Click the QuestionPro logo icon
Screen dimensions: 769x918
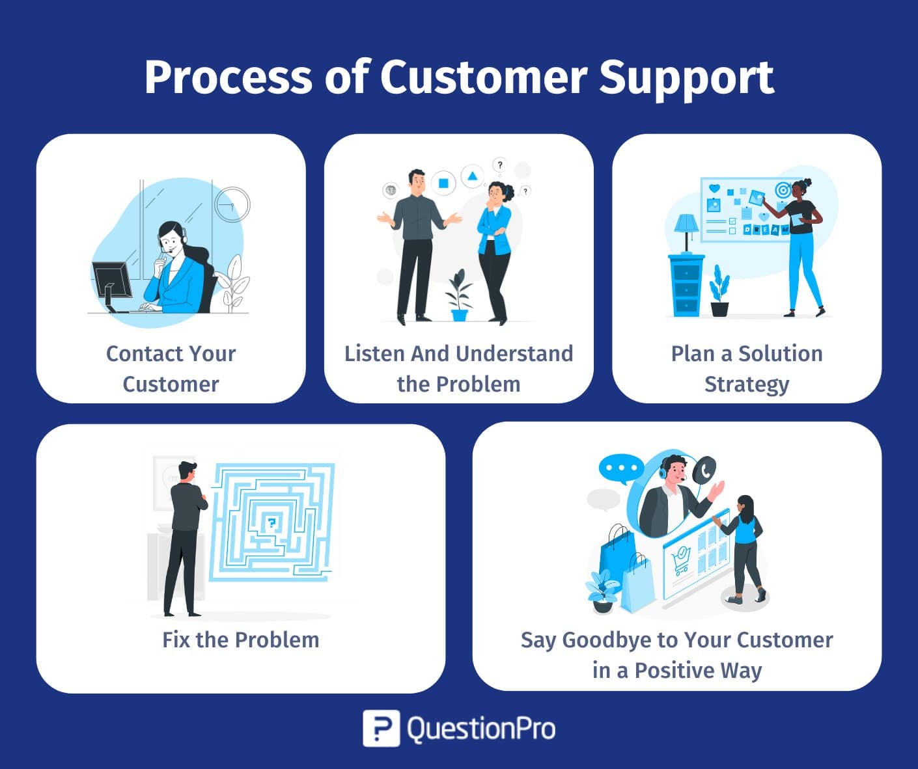click(381, 728)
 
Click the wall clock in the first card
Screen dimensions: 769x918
click(232, 204)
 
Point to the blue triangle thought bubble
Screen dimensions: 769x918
click(472, 176)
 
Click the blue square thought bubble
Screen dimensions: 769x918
click(443, 183)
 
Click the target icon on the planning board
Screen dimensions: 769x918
click(783, 190)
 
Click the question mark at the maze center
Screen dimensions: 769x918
click(271, 522)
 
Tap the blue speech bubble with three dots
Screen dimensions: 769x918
click(620, 468)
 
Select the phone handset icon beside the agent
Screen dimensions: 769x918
click(704, 469)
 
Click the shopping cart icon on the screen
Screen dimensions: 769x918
click(681, 560)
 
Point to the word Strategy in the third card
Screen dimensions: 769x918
click(747, 384)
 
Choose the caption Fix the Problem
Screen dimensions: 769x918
click(241, 640)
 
